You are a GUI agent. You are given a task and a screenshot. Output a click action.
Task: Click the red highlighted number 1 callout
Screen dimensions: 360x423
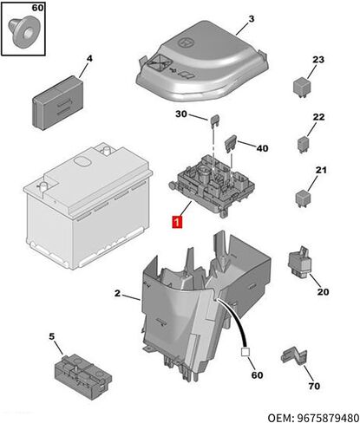tap(177, 222)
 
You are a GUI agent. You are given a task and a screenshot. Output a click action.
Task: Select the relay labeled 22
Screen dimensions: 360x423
tap(304, 144)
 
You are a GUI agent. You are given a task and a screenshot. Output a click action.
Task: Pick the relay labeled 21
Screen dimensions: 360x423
tap(304, 198)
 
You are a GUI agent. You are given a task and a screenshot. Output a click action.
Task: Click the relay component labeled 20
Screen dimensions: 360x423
tap(300, 262)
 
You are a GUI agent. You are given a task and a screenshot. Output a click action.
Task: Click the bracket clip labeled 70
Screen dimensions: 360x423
tap(294, 356)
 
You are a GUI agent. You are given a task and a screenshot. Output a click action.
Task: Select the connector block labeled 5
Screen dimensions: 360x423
tap(83, 376)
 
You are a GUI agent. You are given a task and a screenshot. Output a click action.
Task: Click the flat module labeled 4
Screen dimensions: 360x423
tap(58, 103)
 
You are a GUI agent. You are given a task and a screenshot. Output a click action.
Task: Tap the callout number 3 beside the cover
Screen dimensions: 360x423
tap(252, 19)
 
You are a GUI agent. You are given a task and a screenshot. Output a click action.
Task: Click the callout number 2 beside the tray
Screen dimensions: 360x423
tap(117, 293)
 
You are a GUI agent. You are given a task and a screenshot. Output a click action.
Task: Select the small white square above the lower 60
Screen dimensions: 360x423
tap(245, 352)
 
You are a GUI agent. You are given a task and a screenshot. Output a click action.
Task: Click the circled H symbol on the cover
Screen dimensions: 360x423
tap(185, 42)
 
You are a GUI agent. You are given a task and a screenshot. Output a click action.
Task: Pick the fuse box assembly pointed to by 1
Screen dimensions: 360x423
tap(212, 185)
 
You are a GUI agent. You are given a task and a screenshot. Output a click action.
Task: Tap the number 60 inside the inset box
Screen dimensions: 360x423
tap(37, 8)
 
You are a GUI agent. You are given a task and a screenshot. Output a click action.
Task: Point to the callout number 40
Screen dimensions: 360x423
tap(262, 148)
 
